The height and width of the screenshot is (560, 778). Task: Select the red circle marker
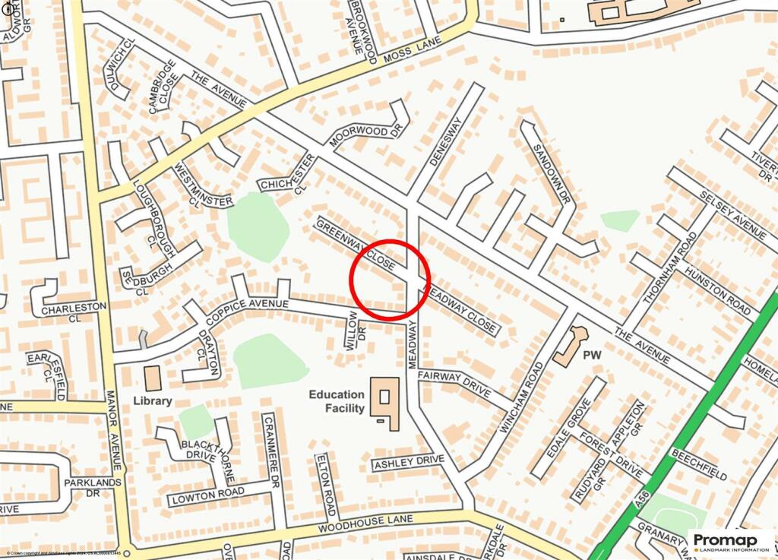point(390,278)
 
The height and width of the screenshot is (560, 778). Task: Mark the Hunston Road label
point(716,289)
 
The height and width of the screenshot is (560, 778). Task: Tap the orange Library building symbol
point(153,378)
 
